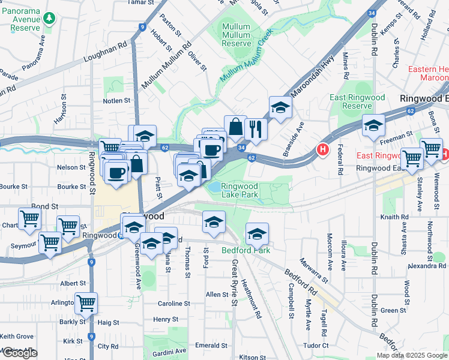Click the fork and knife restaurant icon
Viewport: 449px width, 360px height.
(256, 127)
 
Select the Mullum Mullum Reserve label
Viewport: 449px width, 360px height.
(236, 35)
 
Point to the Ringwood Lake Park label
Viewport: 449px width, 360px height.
(240, 190)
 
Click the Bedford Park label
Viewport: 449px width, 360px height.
(246, 250)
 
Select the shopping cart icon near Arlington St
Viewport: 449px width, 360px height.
(86, 302)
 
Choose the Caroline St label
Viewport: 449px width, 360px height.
(174, 304)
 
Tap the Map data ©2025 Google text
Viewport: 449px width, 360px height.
(412, 355)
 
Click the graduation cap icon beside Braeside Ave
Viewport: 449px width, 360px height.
(280, 107)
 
